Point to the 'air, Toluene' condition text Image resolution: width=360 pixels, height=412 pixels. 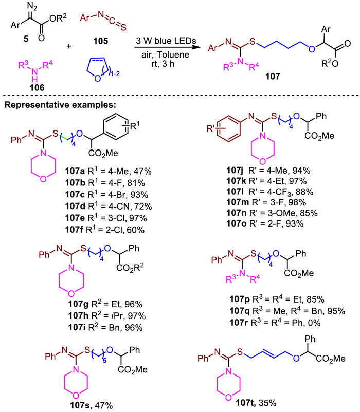click(x=168, y=52)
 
